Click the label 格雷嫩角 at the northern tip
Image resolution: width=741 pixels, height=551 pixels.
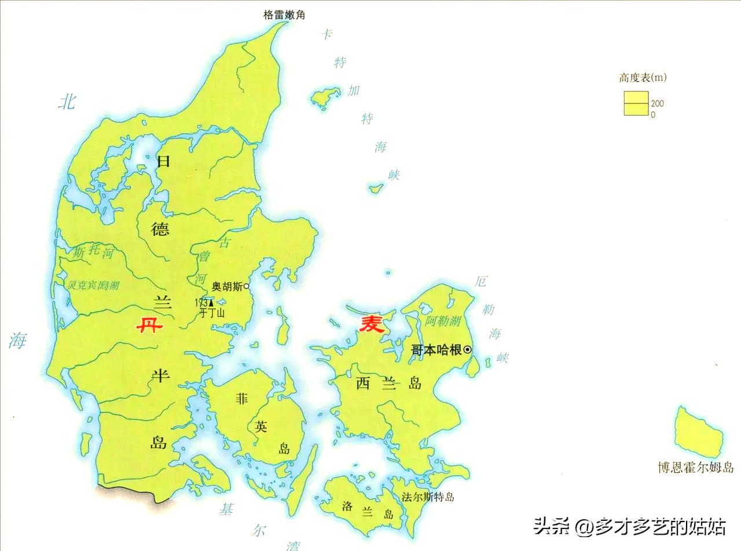[x=284, y=15]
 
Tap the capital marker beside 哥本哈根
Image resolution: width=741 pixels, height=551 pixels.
[x=467, y=350]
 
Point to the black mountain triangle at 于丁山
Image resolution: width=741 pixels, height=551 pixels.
[x=211, y=302]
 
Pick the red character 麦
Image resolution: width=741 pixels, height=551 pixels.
[x=372, y=324]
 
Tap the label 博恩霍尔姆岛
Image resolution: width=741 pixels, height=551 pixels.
[x=695, y=467]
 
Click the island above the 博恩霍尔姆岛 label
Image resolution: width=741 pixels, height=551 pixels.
[x=699, y=431]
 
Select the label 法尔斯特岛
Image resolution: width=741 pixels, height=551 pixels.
[x=428, y=497]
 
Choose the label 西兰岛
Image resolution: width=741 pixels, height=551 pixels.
[x=388, y=383]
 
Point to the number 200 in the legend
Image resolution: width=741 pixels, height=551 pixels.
[x=657, y=103]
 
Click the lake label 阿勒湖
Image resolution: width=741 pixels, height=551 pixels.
[x=443, y=321]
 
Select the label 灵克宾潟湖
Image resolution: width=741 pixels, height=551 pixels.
[x=93, y=285]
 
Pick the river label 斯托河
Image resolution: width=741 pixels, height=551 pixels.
[x=93, y=252]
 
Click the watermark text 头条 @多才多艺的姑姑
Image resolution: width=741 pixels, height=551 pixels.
[x=629, y=526]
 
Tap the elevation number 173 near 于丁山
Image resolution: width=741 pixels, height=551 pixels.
[x=201, y=302]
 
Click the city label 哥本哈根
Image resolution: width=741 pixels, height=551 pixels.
[x=436, y=350]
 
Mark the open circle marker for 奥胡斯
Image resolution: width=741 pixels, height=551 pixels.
[x=246, y=286]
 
